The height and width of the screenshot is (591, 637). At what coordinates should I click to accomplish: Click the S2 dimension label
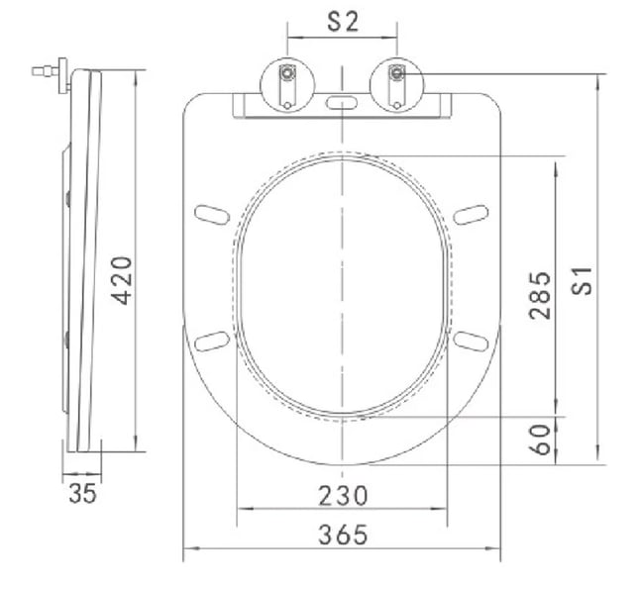(344, 22)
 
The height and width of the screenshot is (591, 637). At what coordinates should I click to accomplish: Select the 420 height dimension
(122, 280)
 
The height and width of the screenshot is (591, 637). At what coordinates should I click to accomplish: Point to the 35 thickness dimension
(83, 494)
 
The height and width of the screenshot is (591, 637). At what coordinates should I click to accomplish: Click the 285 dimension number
(540, 295)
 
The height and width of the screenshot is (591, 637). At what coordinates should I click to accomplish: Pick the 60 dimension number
(540, 440)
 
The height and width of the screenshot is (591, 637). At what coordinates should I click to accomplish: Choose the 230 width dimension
(343, 496)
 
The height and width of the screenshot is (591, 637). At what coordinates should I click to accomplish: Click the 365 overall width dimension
(343, 535)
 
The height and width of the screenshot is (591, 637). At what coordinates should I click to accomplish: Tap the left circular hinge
(287, 86)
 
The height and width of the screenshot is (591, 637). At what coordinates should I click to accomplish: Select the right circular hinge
(397, 86)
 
